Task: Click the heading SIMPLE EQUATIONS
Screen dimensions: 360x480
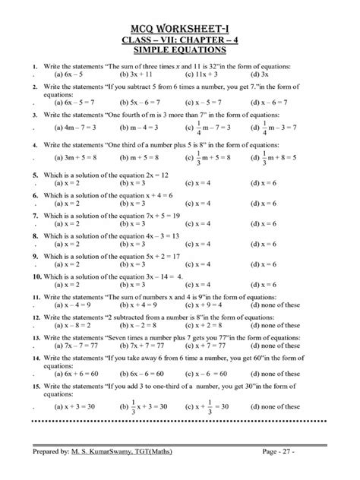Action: coord(179,49)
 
